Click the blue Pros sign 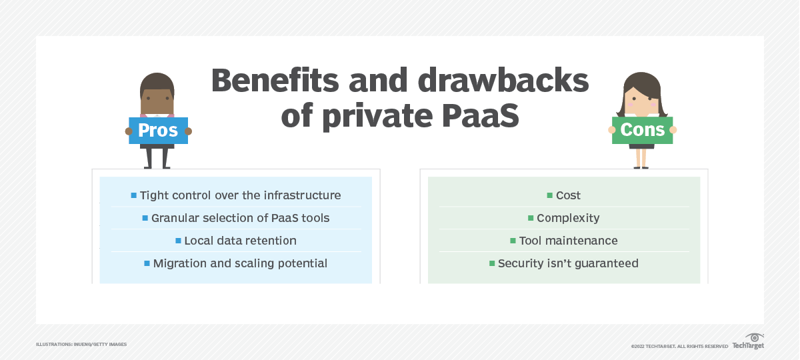pyautogui.click(x=159, y=131)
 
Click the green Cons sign pyautogui.click(x=642, y=130)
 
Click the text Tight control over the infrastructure pyautogui.click(x=241, y=195)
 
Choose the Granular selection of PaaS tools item pyautogui.click(x=241, y=218)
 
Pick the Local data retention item pyautogui.click(x=240, y=241)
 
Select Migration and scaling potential pyautogui.click(x=240, y=263)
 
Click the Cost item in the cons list pyautogui.click(x=568, y=195)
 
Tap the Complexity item pyautogui.click(x=568, y=218)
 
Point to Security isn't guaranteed pyautogui.click(x=568, y=263)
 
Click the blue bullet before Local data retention pyautogui.click(x=178, y=241)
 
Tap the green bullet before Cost pyautogui.click(x=550, y=195)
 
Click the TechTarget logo pyautogui.click(x=749, y=342)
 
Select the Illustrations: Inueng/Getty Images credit pyautogui.click(x=81, y=344)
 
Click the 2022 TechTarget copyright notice pyautogui.click(x=679, y=347)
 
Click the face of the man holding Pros pyautogui.click(x=157, y=101)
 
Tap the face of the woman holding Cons pyautogui.click(x=642, y=101)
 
